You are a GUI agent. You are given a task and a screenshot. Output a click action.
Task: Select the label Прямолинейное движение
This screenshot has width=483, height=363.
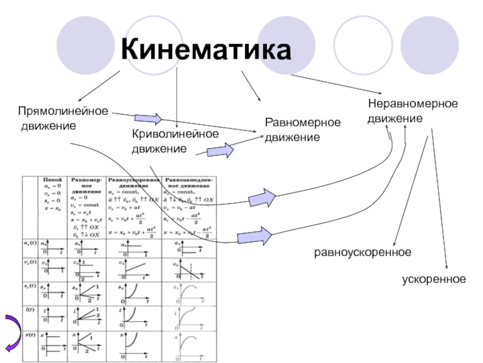[63, 119]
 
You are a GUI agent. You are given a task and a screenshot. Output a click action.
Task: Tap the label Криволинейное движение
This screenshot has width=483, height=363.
[175, 141]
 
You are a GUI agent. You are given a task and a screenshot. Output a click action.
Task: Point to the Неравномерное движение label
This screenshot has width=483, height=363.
[413, 111]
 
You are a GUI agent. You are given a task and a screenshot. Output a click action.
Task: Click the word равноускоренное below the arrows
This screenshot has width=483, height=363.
[363, 251]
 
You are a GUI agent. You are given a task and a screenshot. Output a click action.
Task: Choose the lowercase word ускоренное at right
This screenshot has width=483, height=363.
[434, 279]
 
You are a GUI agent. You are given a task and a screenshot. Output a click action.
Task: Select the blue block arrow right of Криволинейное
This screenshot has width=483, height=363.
[221, 151]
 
